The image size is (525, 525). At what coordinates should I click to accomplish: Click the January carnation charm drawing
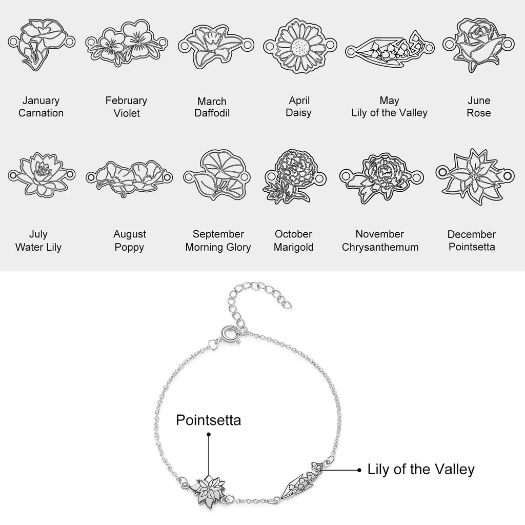pyautogui.click(x=42, y=44)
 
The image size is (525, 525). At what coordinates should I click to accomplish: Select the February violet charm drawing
pyautogui.click(x=127, y=44)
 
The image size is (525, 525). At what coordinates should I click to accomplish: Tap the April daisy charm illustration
pyautogui.click(x=300, y=46)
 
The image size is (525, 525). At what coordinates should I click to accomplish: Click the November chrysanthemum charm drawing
pyautogui.click(x=381, y=178)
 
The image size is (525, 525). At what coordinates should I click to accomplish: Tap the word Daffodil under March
pyautogui.click(x=212, y=113)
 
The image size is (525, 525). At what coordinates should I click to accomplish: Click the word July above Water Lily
pyautogui.click(x=38, y=234)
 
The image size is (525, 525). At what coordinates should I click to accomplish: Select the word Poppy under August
pyautogui.click(x=129, y=248)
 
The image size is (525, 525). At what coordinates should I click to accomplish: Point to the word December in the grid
pyautogui.click(x=472, y=234)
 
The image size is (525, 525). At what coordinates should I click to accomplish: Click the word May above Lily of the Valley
pyautogui.click(x=389, y=100)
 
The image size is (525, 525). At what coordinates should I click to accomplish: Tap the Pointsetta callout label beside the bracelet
pyautogui.click(x=208, y=420)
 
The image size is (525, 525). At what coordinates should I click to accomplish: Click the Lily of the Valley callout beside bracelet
pyautogui.click(x=421, y=470)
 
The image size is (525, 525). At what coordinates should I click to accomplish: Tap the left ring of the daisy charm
pyautogui.click(x=269, y=46)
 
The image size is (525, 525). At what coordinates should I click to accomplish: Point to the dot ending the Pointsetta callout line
pyautogui.click(x=209, y=435)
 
